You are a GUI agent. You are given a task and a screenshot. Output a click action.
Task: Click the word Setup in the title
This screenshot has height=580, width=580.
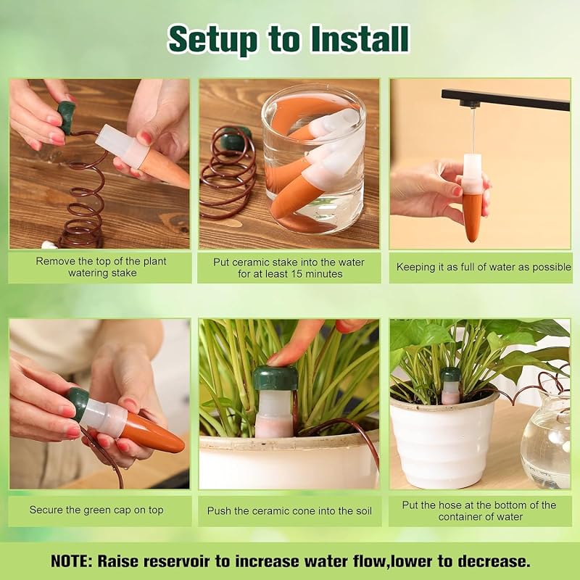(x=213, y=40)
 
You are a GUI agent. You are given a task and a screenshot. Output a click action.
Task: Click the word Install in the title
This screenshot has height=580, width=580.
(x=360, y=38)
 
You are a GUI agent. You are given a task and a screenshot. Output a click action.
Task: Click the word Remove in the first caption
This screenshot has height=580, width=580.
(x=51, y=261)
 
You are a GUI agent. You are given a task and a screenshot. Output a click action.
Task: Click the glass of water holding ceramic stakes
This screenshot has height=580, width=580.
(x=313, y=159)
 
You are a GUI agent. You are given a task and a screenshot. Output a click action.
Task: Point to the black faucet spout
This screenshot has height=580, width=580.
(x=505, y=99)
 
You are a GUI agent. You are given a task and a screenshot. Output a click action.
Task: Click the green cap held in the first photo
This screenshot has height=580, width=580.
(x=67, y=117)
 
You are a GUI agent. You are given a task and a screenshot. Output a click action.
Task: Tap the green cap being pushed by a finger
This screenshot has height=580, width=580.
(x=275, y=378)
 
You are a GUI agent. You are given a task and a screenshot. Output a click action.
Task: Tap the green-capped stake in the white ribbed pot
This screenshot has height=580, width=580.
(x=450, y=386)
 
